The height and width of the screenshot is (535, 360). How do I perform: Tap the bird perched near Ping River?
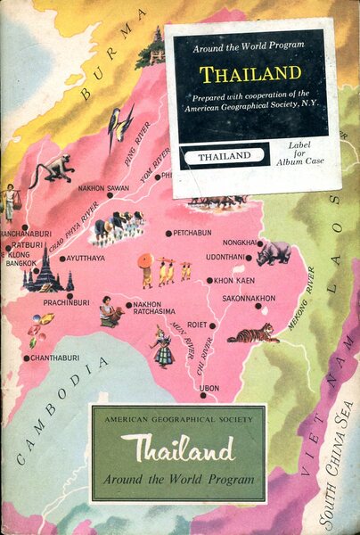pos(119,126)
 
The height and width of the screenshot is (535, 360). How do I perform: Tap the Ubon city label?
pos(209,388)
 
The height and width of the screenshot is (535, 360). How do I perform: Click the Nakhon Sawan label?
pos(103,188)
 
